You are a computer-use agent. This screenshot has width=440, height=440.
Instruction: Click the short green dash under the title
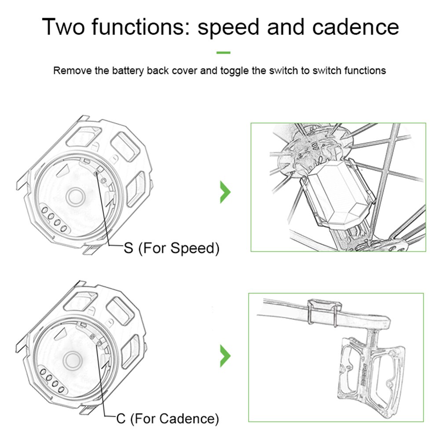pyautogui.click(x=223, y=53)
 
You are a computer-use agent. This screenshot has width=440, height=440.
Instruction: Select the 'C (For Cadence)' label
pyautogui.click(x=167, y=418)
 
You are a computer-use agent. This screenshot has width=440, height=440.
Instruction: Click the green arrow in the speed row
pyautogui.click(x=225, y=192)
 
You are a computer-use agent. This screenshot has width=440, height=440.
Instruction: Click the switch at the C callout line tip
pyautogui.click(x=93, y=337)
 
